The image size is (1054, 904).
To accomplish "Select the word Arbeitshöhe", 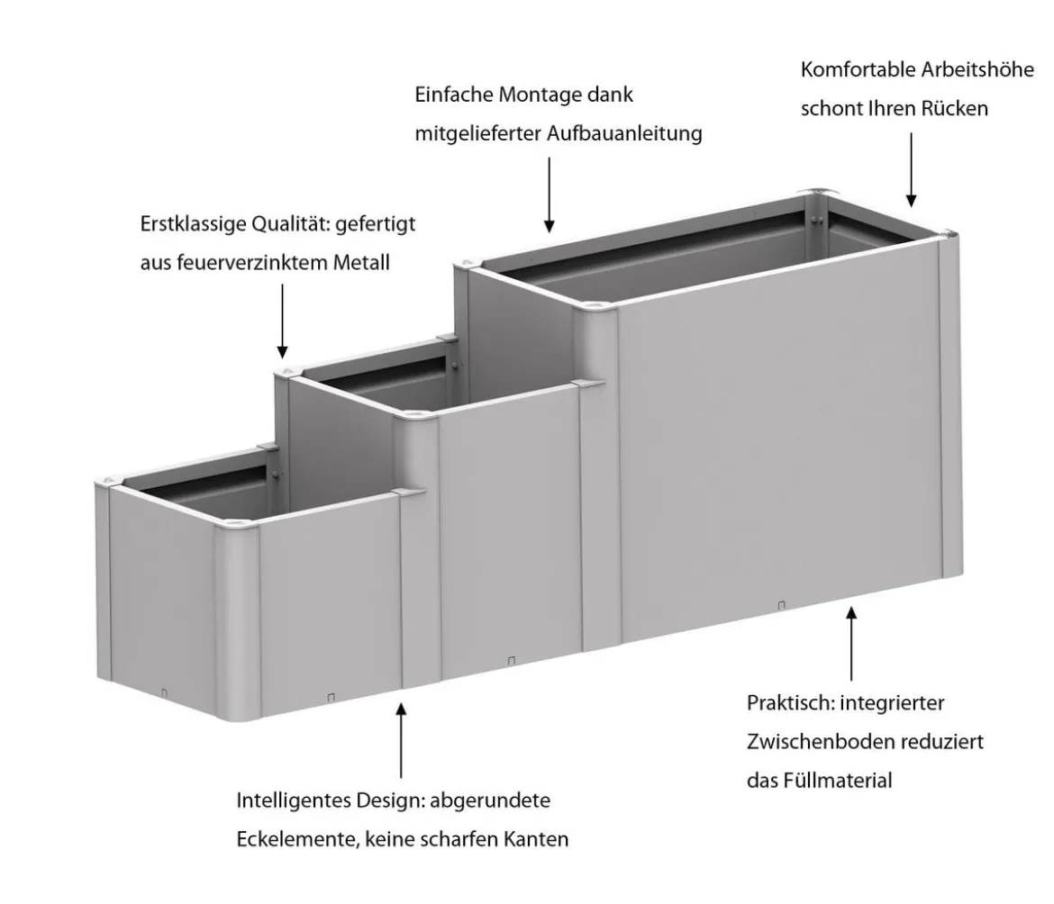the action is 977,70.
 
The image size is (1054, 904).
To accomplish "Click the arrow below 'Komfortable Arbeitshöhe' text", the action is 912,169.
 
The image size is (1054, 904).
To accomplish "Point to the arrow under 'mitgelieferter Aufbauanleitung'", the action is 550,194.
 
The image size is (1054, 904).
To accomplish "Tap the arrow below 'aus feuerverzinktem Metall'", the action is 282,321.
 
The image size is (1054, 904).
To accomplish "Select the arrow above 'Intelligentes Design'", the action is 401,740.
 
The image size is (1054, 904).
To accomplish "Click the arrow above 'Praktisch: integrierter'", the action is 851,644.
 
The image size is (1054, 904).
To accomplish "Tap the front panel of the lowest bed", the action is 330,604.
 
